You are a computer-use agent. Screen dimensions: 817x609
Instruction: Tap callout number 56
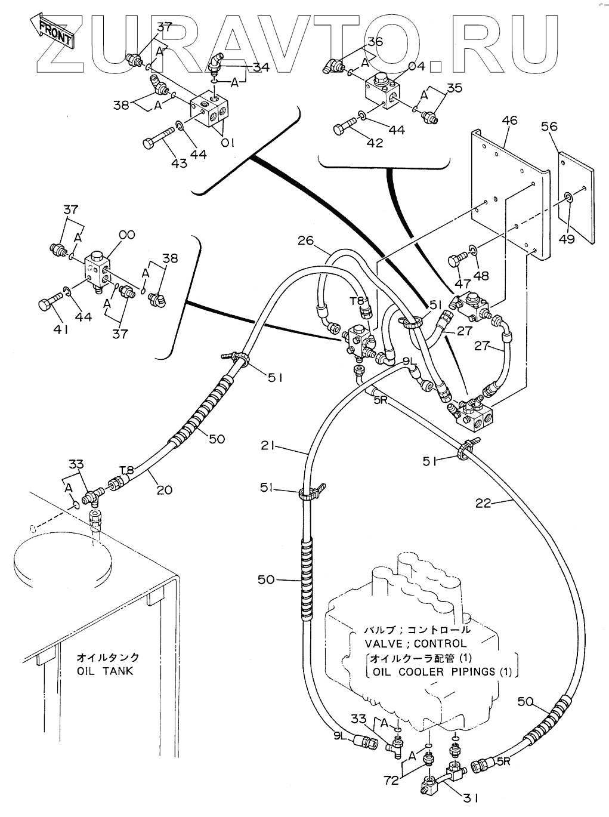[x=549, y=127]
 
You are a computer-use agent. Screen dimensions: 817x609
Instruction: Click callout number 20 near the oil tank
[x=165, y=489]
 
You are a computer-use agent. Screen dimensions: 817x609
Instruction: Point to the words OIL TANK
[x=105, y=671]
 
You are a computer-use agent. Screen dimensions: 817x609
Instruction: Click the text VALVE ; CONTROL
[x=416, y=643]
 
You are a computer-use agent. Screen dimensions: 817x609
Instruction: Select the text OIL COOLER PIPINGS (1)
[x=442, y=671]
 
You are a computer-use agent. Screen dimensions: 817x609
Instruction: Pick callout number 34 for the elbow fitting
[x=260, y=67]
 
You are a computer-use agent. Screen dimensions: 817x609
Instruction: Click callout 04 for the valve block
[x=416, y=66]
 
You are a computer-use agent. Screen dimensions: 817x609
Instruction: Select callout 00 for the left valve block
[x=127, y=236]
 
